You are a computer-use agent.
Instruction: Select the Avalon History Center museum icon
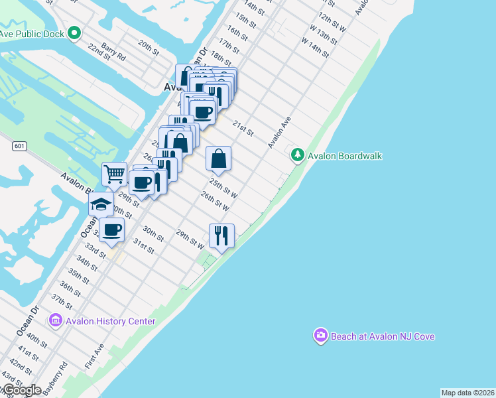55,321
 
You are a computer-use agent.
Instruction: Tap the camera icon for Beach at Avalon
321,336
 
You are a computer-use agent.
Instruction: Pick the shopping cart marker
114,174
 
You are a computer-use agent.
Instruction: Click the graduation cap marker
101,204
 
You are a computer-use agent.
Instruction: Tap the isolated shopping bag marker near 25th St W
218,159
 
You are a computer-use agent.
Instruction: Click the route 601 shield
18,146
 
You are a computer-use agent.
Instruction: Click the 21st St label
243,128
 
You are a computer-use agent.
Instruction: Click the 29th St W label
190,239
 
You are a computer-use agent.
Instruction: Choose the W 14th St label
315,48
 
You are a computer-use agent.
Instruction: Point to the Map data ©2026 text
467,393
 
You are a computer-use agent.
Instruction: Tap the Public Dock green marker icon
74,33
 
